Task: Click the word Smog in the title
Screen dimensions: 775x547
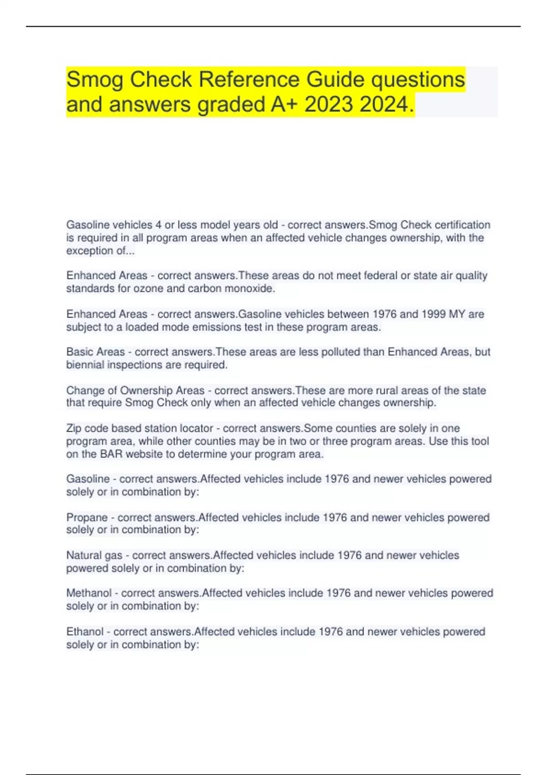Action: tap(95, 80)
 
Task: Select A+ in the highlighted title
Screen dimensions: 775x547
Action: tap(284, 104)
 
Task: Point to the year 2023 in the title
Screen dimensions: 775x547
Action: tap(328, 104)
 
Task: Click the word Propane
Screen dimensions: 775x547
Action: tap(87, 517)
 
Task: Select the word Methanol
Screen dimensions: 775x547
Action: tap(88, 593)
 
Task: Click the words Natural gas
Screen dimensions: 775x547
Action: tap(94, 555)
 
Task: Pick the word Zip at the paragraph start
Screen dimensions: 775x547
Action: tap(73, 429)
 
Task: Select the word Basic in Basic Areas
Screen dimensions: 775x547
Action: tap(79, 352)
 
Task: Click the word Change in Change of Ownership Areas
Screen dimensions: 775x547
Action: tap(83, 391)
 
